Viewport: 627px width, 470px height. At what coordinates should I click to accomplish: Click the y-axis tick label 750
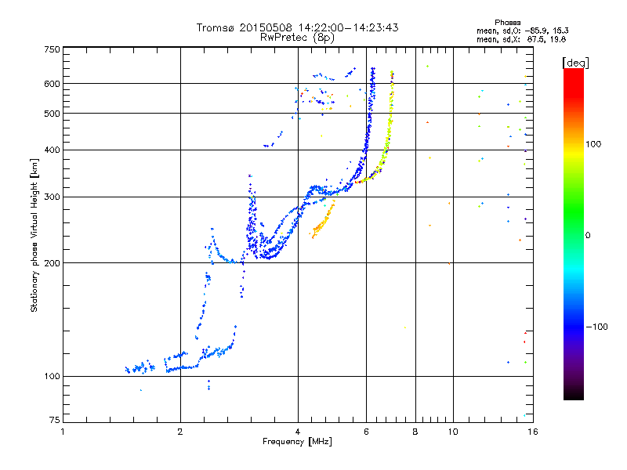pyautogui.click(x=52, y=49)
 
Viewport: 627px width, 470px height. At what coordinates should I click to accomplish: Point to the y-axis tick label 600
pyautogui.click(x=52, y=84)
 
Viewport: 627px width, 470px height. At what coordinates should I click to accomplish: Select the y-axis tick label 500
pyautogui.click(x=52, y=114)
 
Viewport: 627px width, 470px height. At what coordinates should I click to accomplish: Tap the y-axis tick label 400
pyautogui.click(x=52, y=150)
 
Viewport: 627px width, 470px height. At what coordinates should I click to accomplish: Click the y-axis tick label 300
pyautogui.click(x=52, y=197)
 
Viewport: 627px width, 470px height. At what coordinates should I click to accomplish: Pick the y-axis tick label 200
pyautogui.click(x=52, y=263)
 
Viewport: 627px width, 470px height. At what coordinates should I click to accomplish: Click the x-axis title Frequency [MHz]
pyautogui.click(x=298, y=443)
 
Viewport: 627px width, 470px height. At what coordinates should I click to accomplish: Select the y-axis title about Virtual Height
pyautogui.click(x=34, y=235)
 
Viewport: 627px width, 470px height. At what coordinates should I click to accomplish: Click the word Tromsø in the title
pyautogui.click(x=216, y=28)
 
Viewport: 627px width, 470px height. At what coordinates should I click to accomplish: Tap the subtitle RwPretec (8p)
pyautogui.click(x=298, y=37)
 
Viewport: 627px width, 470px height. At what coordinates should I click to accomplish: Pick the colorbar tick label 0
pyautogui.click(x=587, y=235)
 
